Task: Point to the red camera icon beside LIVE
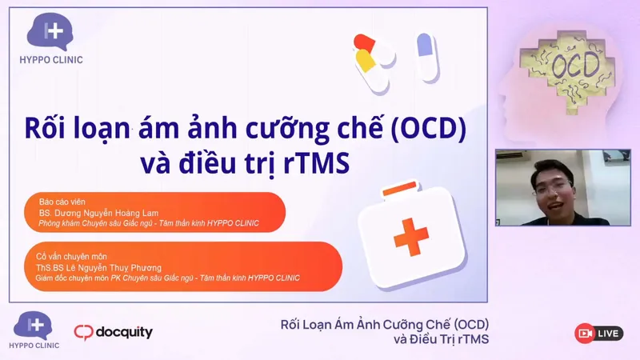(586, 333)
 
